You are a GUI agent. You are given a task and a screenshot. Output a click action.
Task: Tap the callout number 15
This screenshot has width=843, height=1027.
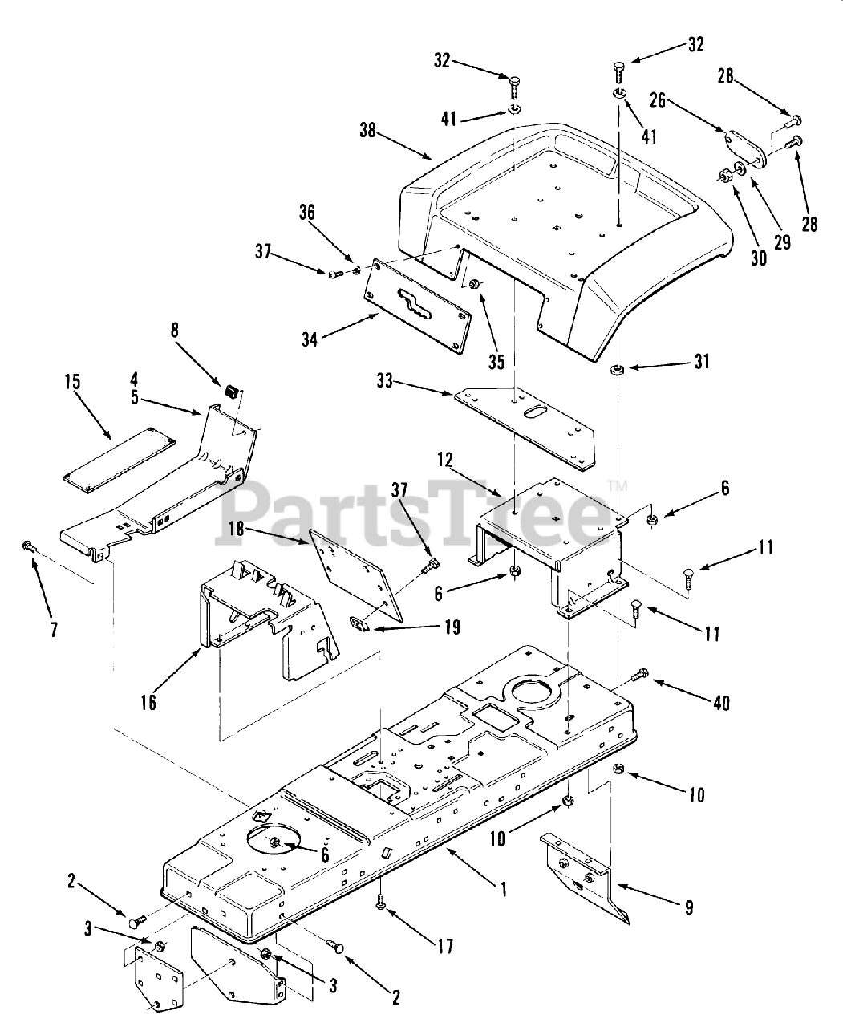tap(73, 381)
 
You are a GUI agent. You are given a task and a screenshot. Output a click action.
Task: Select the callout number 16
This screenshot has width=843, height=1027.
tap(148, 703)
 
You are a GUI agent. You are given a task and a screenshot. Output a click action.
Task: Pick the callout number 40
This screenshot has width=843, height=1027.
tap(721, 703)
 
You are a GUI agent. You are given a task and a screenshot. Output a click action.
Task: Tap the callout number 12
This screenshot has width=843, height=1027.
tap(446, 461)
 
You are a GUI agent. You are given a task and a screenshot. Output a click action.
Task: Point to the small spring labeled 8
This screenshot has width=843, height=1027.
tap(231, 392)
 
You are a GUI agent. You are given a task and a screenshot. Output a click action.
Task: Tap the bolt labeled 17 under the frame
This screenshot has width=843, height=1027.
tap(381, 904)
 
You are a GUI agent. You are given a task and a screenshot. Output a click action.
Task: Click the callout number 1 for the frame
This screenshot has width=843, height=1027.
tap(503, 889)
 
